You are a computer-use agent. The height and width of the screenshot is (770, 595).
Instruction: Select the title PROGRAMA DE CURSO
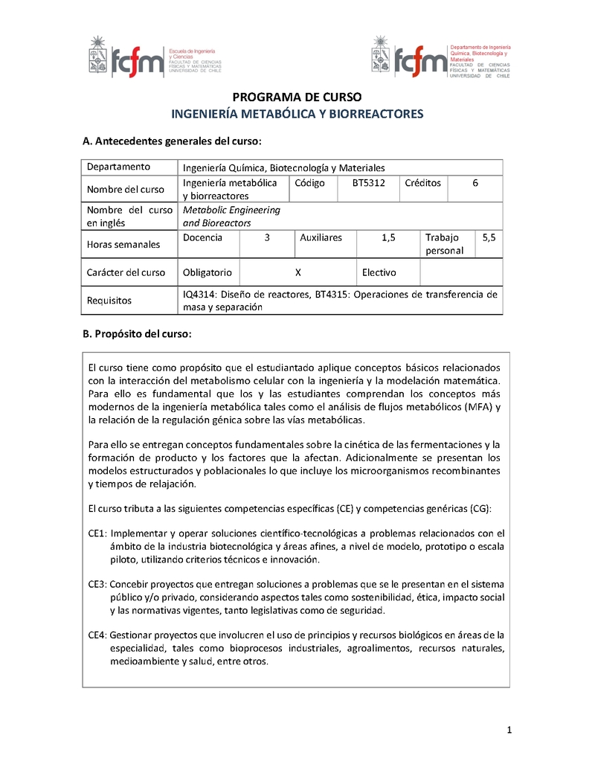click(x=297, y=97)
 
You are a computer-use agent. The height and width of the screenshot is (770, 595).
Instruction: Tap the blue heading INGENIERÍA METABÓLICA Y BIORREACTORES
click(x=297, y=114)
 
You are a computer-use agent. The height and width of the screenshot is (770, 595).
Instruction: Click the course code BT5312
click(x=368, y=183)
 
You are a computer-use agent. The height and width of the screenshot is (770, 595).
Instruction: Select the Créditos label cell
click(x=422, y=183)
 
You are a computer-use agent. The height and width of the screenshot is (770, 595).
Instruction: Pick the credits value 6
click(x=475, y=183)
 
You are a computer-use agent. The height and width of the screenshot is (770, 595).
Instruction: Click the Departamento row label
click(x=118, y=167)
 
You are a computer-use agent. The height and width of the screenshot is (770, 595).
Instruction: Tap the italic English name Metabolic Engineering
click(x=231, y=210)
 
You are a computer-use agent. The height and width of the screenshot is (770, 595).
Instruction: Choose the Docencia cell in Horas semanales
click(x=202, y=237)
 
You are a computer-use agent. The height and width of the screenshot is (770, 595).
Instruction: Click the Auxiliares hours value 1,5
click(x=388, y=237)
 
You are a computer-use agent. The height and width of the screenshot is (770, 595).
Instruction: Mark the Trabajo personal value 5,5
click(x=489, y=237)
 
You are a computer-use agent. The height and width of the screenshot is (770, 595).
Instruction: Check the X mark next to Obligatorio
click(x=297, y=272)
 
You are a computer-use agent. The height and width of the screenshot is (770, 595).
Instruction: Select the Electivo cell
click(x=379, y=272)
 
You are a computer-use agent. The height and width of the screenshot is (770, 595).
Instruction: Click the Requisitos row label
click(x=109, y=301)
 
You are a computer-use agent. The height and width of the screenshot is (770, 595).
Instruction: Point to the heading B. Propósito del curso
click(x=137, y=334)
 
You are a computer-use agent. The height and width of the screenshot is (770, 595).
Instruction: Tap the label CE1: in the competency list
click(x=97, y=533)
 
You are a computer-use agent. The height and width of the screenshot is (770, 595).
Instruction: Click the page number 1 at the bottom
click(x=509, y=730)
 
